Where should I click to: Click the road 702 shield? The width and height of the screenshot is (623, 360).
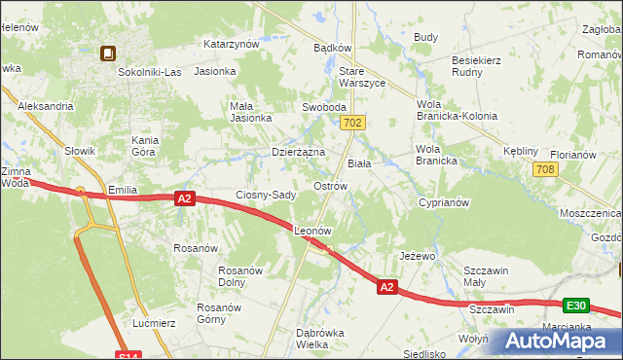353,123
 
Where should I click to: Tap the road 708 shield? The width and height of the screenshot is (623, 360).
545,170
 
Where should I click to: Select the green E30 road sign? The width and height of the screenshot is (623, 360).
577,306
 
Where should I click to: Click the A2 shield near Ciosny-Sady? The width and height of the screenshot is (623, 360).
186,198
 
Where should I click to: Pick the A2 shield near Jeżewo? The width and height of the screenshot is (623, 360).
386,287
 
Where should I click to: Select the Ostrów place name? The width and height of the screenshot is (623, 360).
330,186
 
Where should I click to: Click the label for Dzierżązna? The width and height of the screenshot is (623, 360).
297,153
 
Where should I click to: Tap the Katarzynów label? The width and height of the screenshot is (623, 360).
231,44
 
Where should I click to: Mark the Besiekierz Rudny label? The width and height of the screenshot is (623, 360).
475,66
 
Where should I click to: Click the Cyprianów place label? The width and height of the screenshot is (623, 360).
445,203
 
